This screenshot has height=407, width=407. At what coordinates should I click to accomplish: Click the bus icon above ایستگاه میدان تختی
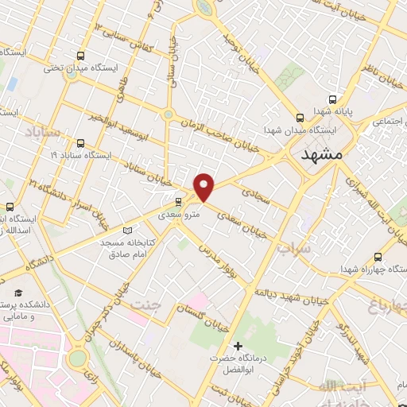pyautogui.click(x=79, y=56)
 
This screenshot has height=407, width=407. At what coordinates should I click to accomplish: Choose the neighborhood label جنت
pyautogui.click(x=145, y=304)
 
